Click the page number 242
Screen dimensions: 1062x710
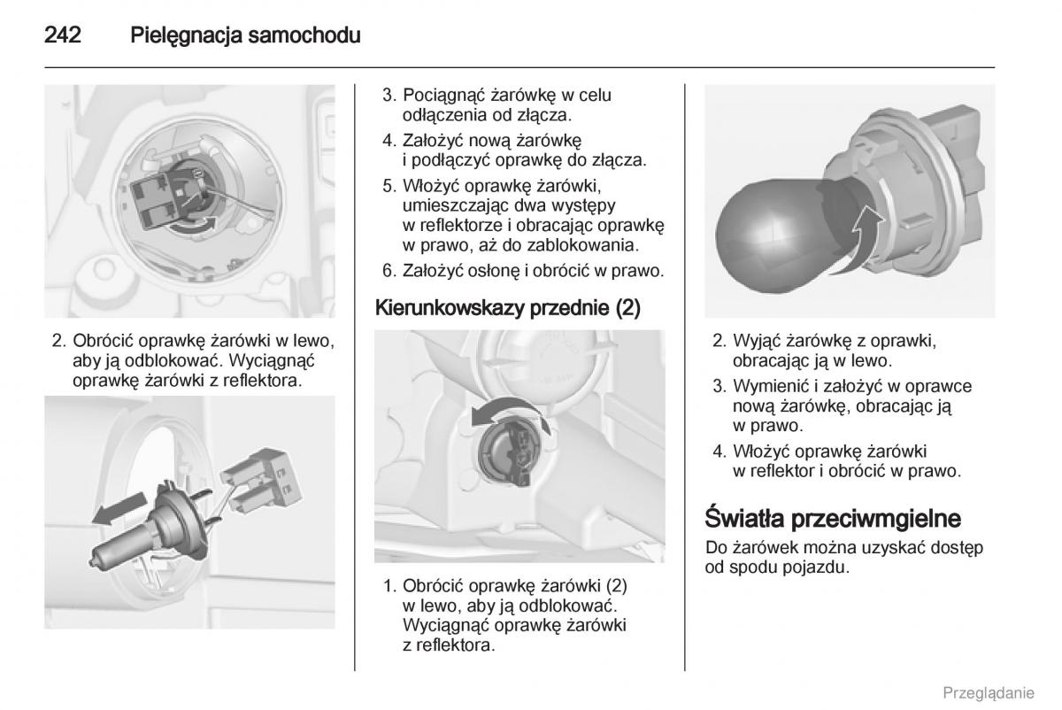63,35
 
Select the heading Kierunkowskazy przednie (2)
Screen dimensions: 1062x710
508,308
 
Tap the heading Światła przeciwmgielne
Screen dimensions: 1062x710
833,519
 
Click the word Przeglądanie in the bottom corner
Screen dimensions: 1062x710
989,693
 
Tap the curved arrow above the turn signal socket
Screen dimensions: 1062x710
510,413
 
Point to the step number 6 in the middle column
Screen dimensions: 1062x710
389,271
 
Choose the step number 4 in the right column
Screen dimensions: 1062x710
720,451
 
